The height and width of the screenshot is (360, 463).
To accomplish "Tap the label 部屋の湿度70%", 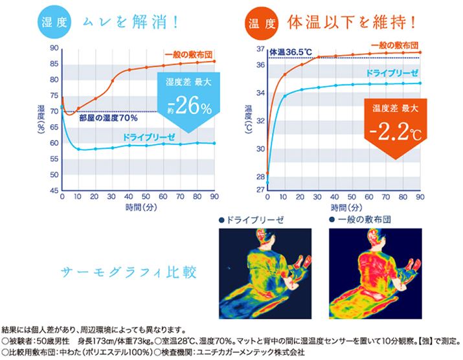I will (109, 119).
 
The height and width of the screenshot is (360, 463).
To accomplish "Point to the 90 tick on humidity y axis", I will (54, 49).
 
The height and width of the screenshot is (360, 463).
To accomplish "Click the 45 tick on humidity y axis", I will (54, 190).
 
